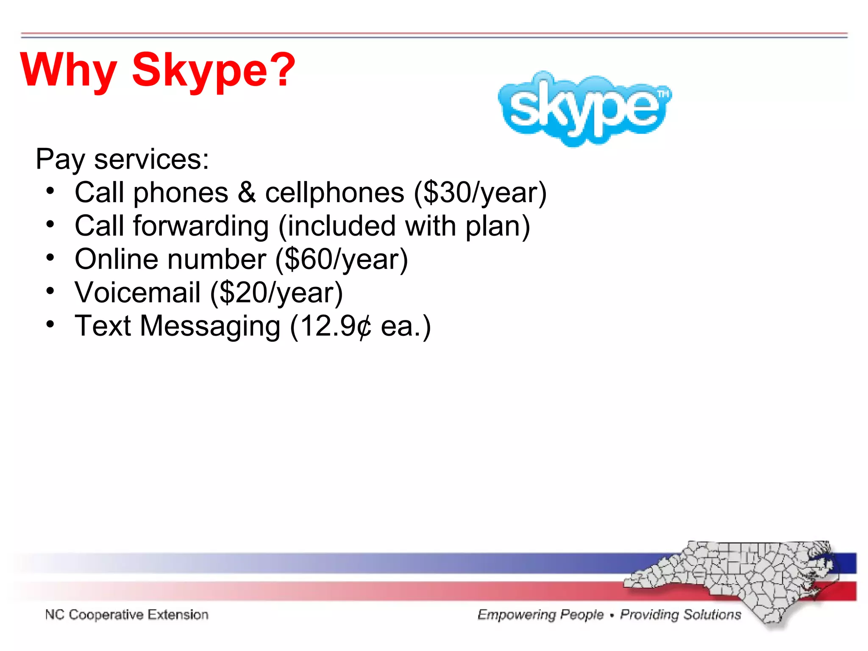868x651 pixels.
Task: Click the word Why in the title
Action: coord(68,70)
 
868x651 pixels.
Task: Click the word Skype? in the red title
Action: coord(213,70)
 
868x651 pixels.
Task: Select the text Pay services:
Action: coord(122,159)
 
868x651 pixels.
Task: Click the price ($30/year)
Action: coord(480,193)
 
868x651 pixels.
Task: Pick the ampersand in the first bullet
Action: coord(247,193)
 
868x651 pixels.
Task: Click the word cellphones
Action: coord(334,193)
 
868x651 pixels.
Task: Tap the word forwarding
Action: coord(201,226)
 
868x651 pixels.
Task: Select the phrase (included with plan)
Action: coord(404,226)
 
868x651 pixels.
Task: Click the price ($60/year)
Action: coord(342,259)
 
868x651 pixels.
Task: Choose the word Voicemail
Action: coord(137,293)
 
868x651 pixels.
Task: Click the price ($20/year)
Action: coord(276,293)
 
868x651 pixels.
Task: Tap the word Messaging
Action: coord(210,326)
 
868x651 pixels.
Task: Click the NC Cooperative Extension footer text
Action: coord(127,615)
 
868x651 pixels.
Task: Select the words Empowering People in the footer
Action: coord(540,615)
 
